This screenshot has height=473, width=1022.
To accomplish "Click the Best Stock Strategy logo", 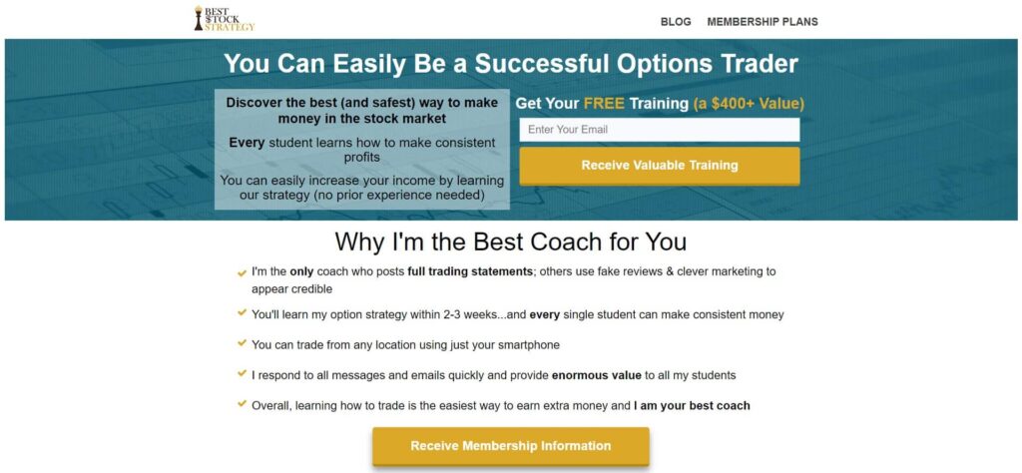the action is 225,19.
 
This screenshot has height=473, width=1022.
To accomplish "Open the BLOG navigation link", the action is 676,22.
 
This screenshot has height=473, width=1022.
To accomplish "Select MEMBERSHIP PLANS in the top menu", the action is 762,22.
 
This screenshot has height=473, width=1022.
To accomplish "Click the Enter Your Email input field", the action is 660,130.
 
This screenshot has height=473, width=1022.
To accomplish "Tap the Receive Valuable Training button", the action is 660,166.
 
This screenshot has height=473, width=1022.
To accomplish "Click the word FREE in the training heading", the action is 604,104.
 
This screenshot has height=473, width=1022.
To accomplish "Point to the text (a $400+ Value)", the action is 749,104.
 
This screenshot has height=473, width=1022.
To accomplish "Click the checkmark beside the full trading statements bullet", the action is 242,273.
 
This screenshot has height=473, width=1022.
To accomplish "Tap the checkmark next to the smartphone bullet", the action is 242,343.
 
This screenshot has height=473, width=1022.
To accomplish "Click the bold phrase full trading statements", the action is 470,271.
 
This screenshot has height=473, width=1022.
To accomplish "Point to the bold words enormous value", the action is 597,375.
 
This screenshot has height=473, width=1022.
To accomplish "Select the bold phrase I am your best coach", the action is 692,406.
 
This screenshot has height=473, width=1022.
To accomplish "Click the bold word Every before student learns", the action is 247,143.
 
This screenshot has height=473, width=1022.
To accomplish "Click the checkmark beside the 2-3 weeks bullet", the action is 242,312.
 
